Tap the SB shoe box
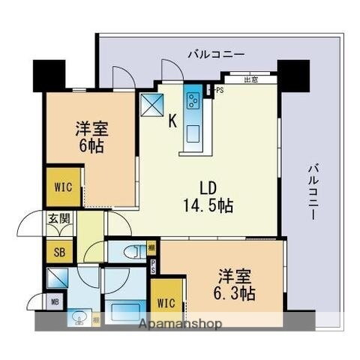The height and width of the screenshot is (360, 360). [x=58, y=251]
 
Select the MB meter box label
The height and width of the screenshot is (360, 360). [x=55, y=303]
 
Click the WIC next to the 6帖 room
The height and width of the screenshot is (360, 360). [x=62, y=187]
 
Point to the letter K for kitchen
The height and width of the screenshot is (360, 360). [x=172, y=119]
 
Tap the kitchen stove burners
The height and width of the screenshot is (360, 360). [x=193, y=100]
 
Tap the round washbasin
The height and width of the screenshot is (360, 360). [x=78, y=319]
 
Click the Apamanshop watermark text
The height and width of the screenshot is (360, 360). [x=181, y=324]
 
